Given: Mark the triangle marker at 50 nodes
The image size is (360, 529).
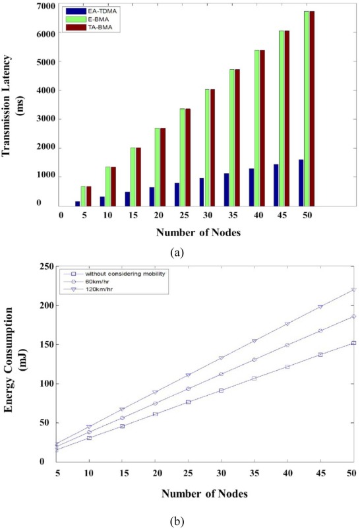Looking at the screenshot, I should (x=353, y=290).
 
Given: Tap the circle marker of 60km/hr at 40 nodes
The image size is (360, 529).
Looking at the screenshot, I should (x=287, y=345).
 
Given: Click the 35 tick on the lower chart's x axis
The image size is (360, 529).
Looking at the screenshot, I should (x=254, y=472).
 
